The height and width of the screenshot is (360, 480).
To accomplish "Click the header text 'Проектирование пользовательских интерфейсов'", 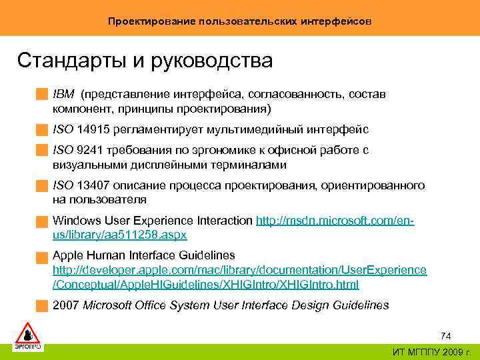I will [x=240, y=21].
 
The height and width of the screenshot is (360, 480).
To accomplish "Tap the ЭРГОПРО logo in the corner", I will [x=28, y=336].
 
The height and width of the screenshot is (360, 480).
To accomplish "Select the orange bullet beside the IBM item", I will [x=42, y=95].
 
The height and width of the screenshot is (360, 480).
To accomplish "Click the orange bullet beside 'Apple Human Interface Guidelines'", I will [x=42, y=256].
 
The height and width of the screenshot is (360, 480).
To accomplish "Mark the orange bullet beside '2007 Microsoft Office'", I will [x=42, y=306].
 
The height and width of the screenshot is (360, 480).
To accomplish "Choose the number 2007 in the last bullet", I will [x=65, y=305].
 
